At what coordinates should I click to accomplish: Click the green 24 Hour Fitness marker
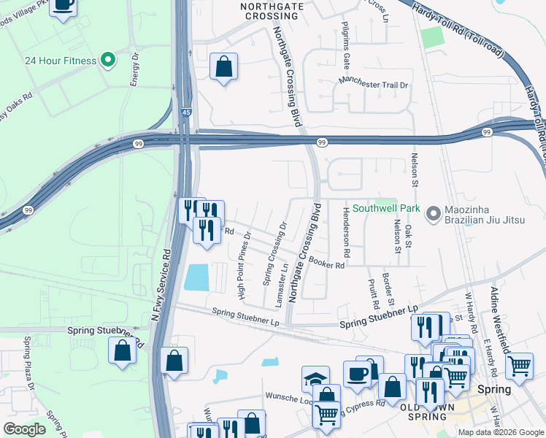(x=109, y=60)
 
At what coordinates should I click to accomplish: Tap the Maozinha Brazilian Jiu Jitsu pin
(x=434, y=214)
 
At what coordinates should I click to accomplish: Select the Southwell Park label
(x=386, y=208)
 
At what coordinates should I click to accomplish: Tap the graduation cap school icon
(x=315, y=379)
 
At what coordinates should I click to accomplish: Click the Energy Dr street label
(x=135, y=69)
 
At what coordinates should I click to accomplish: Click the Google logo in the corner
(x=26, y=429)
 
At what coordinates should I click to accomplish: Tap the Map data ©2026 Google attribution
(x=501, y=432)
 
